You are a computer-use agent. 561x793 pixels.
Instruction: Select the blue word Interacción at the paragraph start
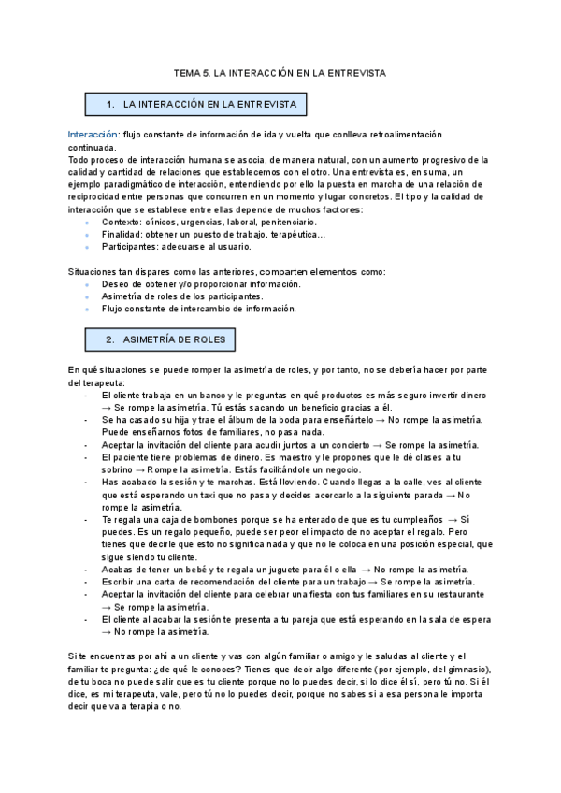pyautogui.click(x=93, y=135)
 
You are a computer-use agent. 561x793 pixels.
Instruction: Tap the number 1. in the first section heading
pyautogui.click(x=110, y=103)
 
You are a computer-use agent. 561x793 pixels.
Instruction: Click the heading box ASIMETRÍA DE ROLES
pyautogui.click(x=161, y=339)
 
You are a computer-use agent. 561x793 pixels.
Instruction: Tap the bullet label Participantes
pyautogui.click(x=129, y=247)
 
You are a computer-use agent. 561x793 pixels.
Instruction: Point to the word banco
pyautogui.click(x=208, y=395)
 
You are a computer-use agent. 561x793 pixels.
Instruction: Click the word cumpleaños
pyautogui.click(x=412, y=519)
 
